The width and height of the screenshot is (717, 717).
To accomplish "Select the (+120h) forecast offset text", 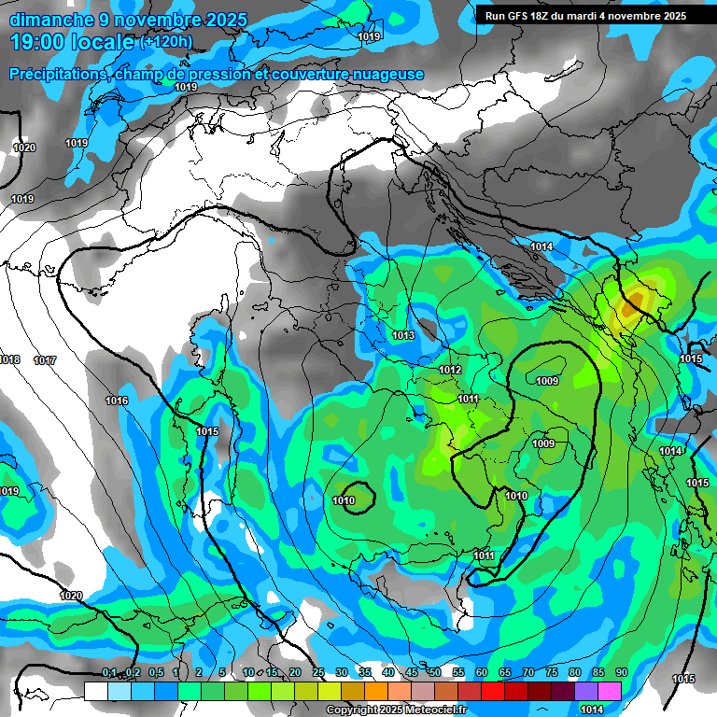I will coord(166,41).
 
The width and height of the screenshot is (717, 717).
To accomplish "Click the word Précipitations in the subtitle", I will coord(57,75).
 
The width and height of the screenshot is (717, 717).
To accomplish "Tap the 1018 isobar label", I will coord(9,359).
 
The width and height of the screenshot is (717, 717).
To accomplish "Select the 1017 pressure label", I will coord(45,360).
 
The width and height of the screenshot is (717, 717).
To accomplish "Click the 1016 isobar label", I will coord(117,401).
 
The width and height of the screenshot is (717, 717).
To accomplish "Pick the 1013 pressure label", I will coord(403,335).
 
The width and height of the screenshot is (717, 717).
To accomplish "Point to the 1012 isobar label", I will coord(450,370).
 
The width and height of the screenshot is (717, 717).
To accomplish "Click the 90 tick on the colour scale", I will coord(621,672).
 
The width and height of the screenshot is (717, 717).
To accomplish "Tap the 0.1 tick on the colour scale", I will coord(108,672).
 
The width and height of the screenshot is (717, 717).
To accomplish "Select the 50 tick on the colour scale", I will coord(434,672).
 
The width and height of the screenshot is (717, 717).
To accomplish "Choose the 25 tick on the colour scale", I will coord(317,672).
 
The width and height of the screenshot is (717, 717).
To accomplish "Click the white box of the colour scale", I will coord(95,691).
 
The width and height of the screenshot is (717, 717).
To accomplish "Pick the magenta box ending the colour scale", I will coord(609,691).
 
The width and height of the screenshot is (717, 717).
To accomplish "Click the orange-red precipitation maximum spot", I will coord(635,299).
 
